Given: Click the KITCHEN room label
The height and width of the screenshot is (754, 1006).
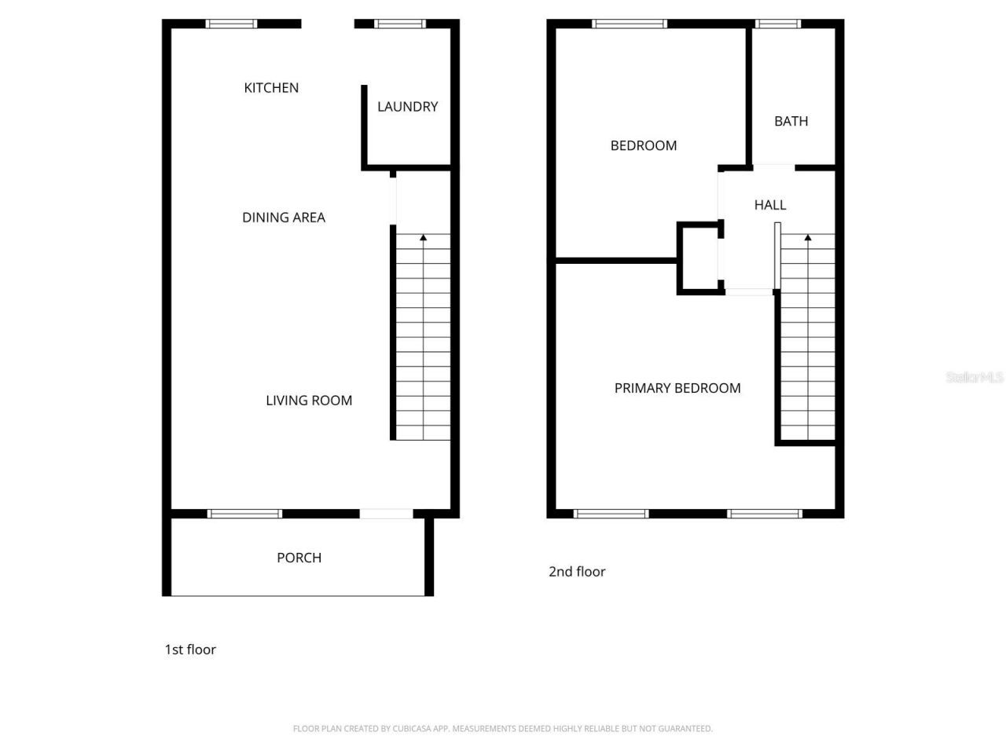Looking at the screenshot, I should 271,88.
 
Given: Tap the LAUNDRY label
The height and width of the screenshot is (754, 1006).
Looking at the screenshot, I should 407,107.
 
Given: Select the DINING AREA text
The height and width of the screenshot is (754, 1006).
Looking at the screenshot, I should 284,218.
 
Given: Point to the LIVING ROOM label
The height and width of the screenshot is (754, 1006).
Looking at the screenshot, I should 309,401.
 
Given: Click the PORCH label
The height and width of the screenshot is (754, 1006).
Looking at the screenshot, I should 299,558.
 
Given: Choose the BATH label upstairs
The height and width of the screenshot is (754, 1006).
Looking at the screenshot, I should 791,121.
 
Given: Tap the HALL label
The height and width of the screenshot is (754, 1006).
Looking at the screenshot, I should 770,205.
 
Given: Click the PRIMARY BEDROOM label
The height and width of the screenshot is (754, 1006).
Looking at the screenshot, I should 677,388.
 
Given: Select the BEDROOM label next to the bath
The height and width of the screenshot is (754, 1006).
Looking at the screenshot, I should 644,145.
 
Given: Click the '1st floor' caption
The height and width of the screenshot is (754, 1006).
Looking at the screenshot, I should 190,650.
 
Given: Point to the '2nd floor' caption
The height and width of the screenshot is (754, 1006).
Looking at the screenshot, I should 577,572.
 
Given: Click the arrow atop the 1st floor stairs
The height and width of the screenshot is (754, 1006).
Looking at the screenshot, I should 424,236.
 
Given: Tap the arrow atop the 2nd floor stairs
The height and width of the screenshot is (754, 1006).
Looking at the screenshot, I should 807,236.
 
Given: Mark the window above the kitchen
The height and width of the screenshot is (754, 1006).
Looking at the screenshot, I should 232,24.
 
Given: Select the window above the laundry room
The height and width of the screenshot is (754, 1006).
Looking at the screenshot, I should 400,24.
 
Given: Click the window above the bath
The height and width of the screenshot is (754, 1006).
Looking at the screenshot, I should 778,24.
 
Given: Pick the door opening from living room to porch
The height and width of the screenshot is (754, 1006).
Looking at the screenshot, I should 386,514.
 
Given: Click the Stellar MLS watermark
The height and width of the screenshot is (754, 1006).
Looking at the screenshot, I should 975,377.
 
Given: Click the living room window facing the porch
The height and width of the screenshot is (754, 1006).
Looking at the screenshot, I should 244,514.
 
